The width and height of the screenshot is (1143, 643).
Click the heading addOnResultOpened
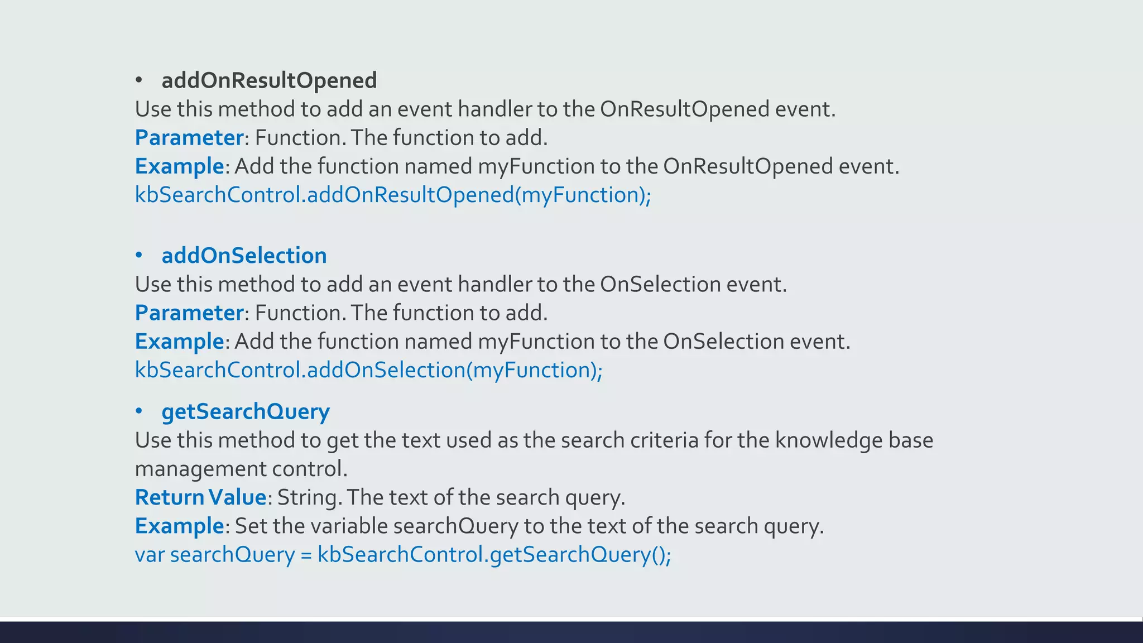pyautogui.click(x=269, y=80)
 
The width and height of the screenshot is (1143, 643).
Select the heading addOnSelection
pyautogui.click(x=244, y=256)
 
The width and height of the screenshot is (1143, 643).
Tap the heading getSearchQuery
pyautogui.click(x=246, y=412)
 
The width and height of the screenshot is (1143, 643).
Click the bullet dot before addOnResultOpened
pyautogui.click(x=139, y=81)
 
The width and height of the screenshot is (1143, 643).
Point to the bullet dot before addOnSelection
pyautogui.click(x=139, y=256)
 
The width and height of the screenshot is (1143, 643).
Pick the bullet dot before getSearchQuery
pyautogui.click(x=139, y=412)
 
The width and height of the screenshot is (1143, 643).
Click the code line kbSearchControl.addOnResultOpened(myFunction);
pyautogui.click(x=393, y=195)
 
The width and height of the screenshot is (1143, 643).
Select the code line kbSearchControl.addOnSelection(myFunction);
pyautogui.click(x=368, y=370)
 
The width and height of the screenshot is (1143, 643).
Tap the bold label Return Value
pyautogui.click(x=200, y=497)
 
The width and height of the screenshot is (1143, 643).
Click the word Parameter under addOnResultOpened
pyautogui.click(x=189, y=138)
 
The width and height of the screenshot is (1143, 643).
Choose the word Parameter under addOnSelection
pyautogui.click(x=189, y=313)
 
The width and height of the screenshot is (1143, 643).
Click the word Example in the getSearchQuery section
pyautogui.click(x=179, y=526)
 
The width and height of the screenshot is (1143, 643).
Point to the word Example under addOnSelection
pyautogui.click(x=179, y=342)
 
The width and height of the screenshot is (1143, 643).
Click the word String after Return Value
pyautogui.click(x=308, y=497)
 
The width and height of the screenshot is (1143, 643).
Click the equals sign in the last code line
pyautogui.click(x=306, y=555)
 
